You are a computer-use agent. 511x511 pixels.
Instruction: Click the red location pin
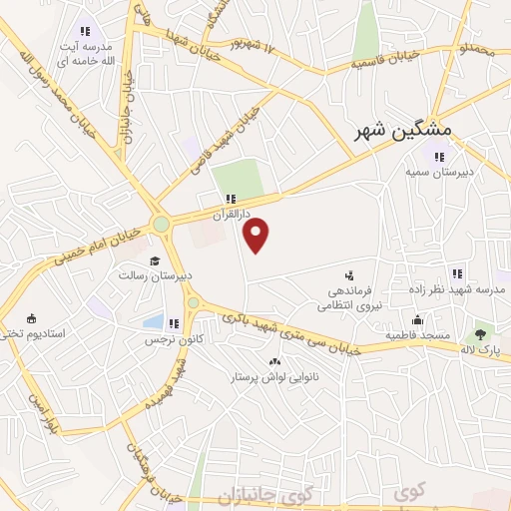(257, 236)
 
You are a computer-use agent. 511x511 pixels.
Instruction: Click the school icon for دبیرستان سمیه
(438, 155)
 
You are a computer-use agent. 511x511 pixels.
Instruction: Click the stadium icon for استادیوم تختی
(31, 317)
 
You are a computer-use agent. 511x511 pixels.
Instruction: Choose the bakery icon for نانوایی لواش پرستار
(274, 361)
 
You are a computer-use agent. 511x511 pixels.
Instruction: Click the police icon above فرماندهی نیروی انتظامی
(348, 273)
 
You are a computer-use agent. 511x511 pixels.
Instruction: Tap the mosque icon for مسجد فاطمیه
(417, 320)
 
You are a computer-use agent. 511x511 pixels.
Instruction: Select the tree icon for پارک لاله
(482, 334)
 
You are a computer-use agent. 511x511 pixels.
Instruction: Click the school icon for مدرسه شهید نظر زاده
(457, 273)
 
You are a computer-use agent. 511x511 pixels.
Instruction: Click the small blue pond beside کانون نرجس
(153, 321)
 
